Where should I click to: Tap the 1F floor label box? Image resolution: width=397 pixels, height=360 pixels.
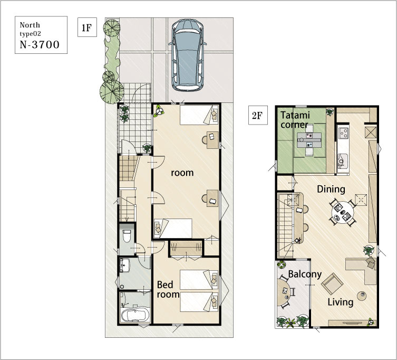click(x=87, y=27)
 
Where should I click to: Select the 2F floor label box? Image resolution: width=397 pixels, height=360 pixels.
click(x=258, y=116)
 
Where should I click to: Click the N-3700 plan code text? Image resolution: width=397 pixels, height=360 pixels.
click(x=40, y=45)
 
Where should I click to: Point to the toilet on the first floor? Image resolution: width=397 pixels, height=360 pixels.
click(x=126, y=235)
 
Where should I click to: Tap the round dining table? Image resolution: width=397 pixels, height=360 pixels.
click(x=343, y=212)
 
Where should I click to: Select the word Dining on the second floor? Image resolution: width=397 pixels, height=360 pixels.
click(x=331, y=190)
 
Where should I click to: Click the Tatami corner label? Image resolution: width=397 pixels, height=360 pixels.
click(x=295, y=120)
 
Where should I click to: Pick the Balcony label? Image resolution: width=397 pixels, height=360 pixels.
click(x=305, y=274)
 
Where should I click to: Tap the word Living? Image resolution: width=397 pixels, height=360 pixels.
click(x=340, y=302)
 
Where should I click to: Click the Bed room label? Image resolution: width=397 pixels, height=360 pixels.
click(x=168, y=289)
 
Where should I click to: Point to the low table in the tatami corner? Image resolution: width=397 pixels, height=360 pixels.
click(x=309, y=140)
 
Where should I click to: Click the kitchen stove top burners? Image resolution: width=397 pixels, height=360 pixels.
click(x=344, y=133)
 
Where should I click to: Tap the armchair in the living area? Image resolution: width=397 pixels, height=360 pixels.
click(x=332, y=283)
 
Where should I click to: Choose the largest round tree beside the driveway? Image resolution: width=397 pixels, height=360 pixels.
click(x=112, y=91)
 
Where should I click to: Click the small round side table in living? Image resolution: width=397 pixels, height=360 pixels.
click(x=362, y=296)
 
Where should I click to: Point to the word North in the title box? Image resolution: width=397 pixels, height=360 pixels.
click(x=30, y=25)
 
